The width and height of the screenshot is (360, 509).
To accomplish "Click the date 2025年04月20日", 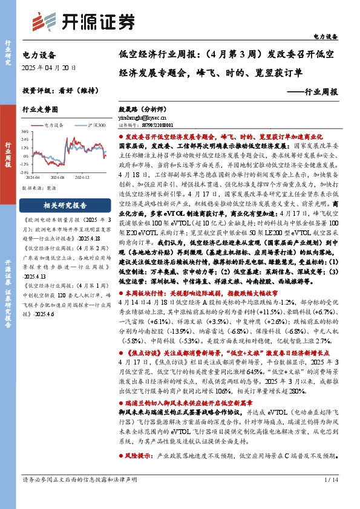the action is point(48,67).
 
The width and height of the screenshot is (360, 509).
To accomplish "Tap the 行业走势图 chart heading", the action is point(40,110).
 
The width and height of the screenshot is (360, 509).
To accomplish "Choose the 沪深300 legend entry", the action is point(93,125).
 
